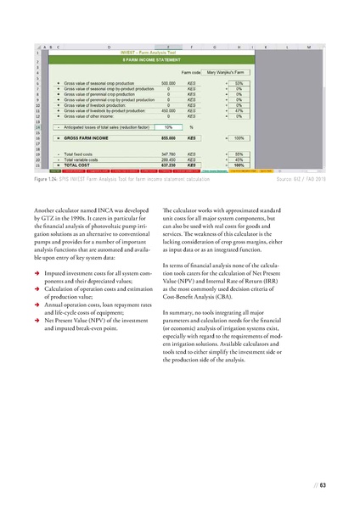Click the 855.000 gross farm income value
coord(169,137)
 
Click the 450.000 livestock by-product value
coord(169,110)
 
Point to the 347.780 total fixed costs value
coord(169,153)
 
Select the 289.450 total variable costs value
coord(169,158)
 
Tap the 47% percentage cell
coord(240,110)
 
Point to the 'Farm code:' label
coord(190,73)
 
